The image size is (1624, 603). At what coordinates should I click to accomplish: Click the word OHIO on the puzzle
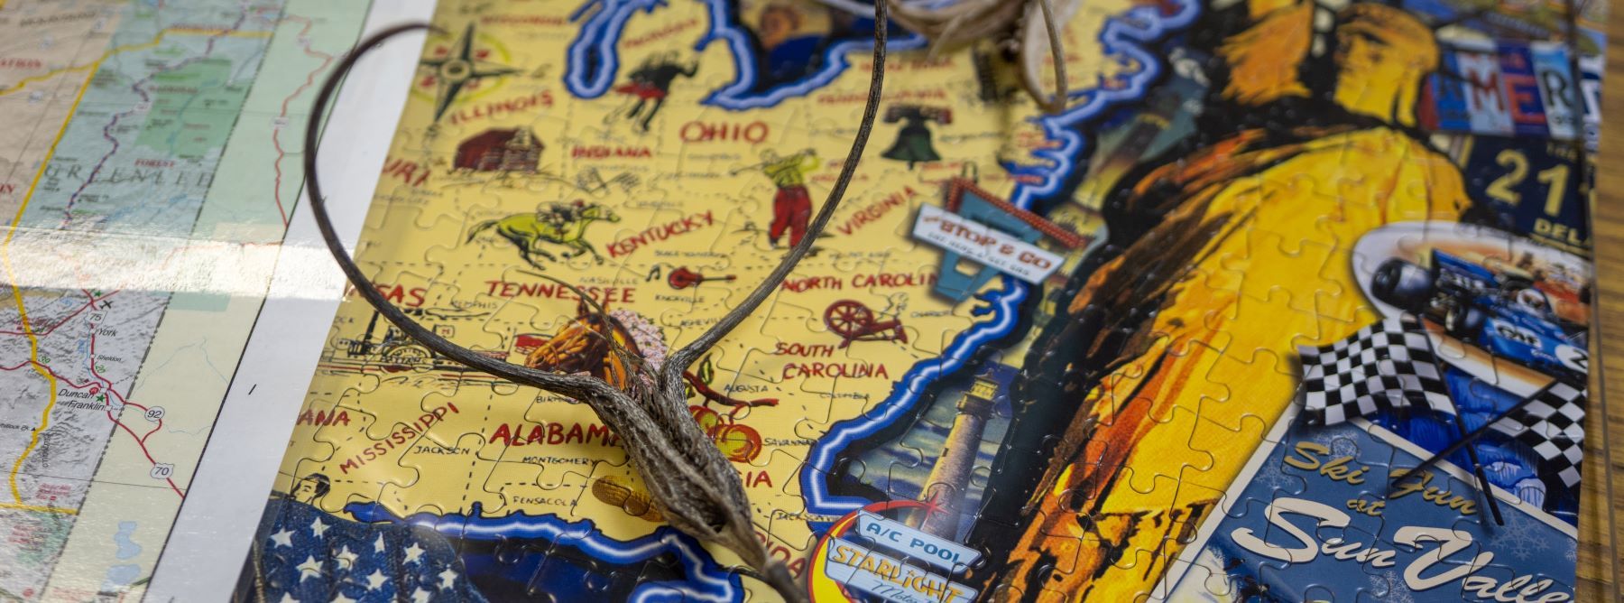[x=724, y=133]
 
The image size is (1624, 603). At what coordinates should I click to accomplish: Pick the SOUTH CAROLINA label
[x=834, y=360]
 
